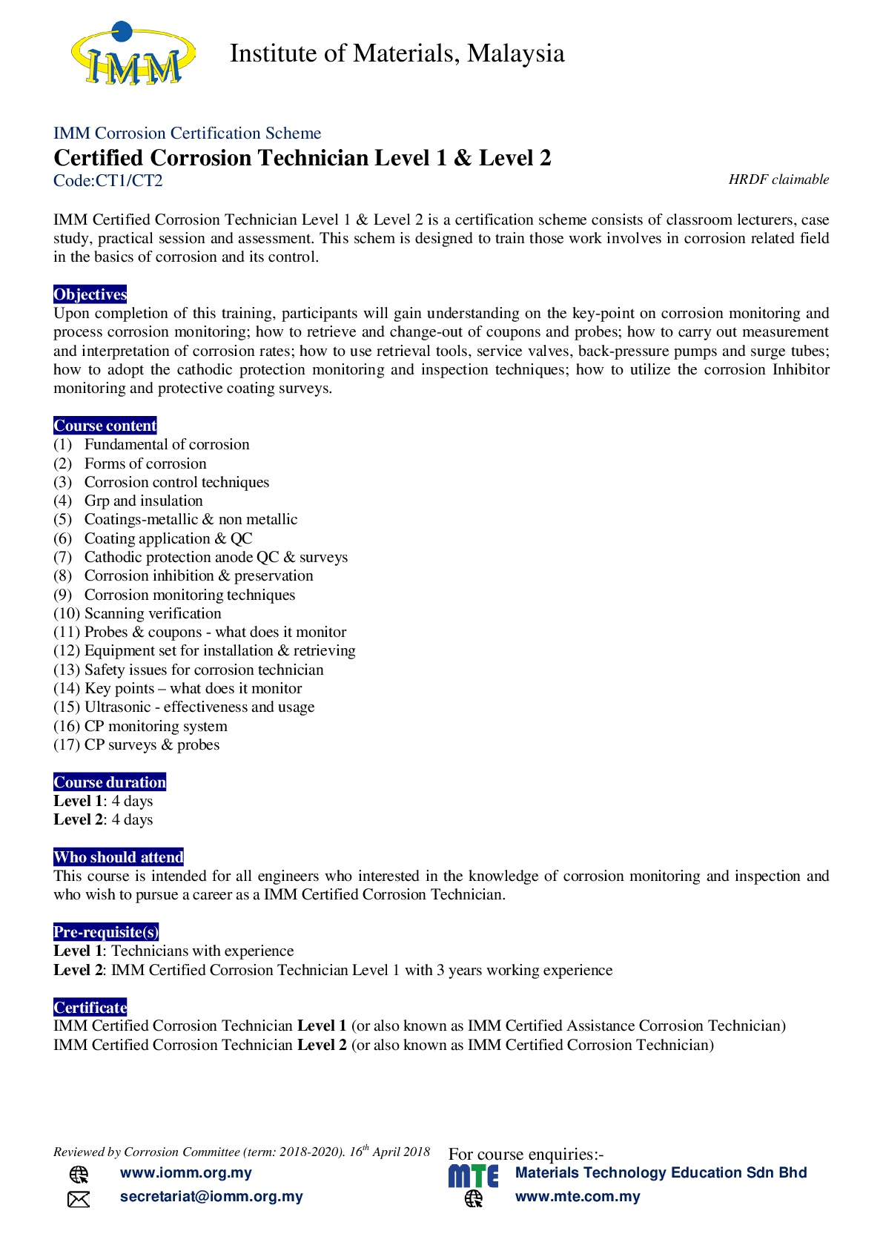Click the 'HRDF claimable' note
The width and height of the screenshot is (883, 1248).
point(778,179)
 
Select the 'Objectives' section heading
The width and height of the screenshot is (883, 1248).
point(90,294)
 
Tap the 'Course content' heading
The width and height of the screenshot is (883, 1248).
point(105,426)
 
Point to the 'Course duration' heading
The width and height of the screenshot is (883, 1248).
point(110,782)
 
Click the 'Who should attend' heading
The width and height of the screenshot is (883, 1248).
point(119,857)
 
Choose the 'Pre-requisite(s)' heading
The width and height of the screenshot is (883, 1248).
point(106,932)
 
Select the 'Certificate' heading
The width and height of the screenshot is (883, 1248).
point(90,1008)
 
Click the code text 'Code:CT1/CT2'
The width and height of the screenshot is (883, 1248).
point(108,180)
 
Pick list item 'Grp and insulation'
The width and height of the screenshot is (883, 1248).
point(143,501)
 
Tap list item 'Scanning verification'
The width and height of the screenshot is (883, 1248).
point(153,614)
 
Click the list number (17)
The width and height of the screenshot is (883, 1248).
point(66,745)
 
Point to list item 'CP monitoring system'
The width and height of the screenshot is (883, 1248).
point(156,727)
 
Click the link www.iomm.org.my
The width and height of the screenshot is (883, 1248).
point(186,1173)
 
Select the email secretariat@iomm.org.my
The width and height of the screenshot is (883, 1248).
point(211,1197)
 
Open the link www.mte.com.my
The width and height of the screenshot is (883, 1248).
point(578,1197)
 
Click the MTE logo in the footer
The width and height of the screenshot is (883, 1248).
point(473,1176)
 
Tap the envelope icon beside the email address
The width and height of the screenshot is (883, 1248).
point(79,1199)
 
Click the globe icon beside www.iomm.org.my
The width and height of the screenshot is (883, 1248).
point(79,1175)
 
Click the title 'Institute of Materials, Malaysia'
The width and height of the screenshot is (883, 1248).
point(397,53)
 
